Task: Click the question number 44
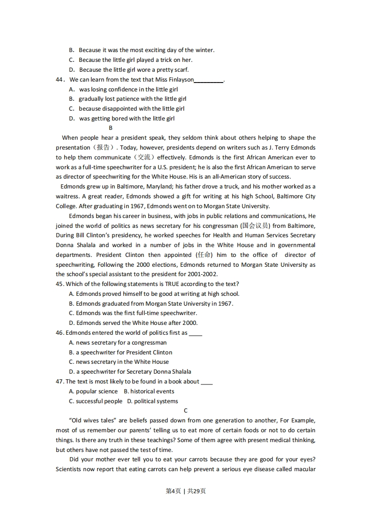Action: click(x=59, y=80)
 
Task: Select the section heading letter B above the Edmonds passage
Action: click(x=111, y=128)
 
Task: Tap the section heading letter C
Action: click(x=186, y=411)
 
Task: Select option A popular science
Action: click(x=93, y=391)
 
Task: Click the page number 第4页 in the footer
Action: click(x=174, y=491)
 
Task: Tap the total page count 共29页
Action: click(x=196, y=491)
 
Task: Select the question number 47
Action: click(x=60, y=382)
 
